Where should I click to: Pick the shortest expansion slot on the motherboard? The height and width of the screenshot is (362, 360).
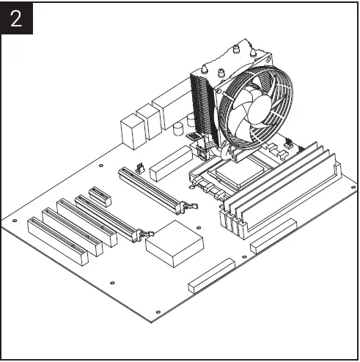[99, 196]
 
